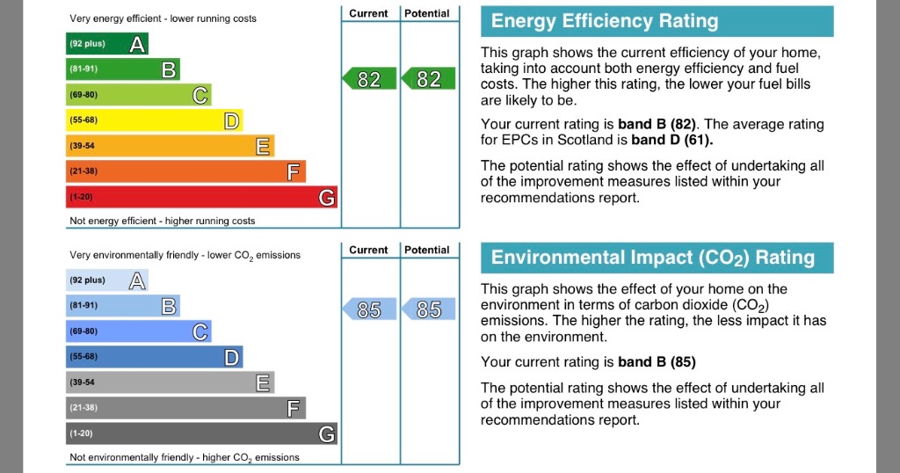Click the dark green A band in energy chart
[x=107, y=44]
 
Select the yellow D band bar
[x=155, y=120]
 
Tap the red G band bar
[x=201, y=198]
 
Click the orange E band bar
[x=170, y=146]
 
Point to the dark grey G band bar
[x=201, y=433]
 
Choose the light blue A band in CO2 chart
[x=107, y=280]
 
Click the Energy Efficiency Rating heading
[x=605, y=21]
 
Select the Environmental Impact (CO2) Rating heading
[x=652, y=258]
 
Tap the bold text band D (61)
[x=672, y=140]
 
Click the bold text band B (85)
[x=656, y=361]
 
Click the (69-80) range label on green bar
[x=84, y=95]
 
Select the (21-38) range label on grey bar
[x=84, y=408]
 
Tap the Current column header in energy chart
[x=368, y=13]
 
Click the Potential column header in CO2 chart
[x=427, y=250]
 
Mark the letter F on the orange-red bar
[x=294, y=171]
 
